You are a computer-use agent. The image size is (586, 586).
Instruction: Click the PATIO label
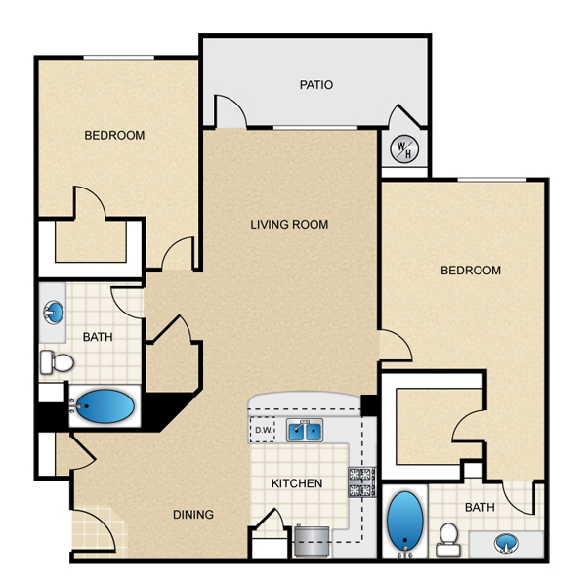[x=316, y=85]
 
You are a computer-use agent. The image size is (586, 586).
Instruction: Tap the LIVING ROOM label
[x=289, y=225]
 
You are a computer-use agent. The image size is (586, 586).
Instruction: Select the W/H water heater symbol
[x=404, y=149]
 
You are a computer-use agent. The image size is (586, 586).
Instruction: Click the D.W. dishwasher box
[x=263, y=430]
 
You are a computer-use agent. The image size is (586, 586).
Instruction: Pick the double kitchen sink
[x=305, y=431]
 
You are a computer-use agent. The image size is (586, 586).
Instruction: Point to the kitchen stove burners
[x=362, y=482]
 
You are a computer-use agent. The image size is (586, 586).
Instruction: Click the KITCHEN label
[x=297, y=483]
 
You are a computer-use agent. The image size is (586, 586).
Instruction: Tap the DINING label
[x=193, y=515]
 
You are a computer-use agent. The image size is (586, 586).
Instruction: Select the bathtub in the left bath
[x=105, y=406]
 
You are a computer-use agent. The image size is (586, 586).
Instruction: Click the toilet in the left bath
[x=57, y=362]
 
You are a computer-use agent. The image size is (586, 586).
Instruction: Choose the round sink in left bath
[x=54, y=313]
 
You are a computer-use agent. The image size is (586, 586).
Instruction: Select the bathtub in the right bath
[x=405, y=521]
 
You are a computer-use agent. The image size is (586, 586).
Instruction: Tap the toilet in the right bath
[x=448, y=539]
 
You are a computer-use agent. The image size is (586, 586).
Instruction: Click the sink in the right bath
[x=506, y=543]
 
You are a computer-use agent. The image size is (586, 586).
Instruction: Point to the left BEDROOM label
[x=114, y=136]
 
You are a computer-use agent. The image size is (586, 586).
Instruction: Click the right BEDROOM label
[x=471, y=271]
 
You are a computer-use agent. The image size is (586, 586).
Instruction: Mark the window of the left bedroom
[x=118, y=58]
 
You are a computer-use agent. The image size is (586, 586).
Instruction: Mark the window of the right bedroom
[x=492, y=180]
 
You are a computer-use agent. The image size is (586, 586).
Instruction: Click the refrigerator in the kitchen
[x=312, y=541]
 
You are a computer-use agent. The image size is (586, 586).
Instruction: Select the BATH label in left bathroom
[x=98, y=337]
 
